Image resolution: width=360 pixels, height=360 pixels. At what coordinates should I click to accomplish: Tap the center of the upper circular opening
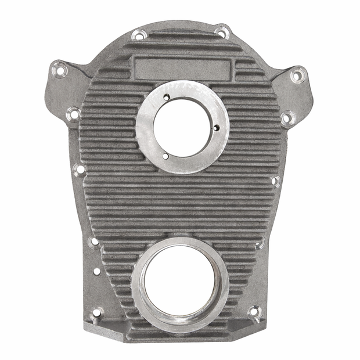[x=182, y=127]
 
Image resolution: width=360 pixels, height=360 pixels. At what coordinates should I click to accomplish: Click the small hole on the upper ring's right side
[x=216, y=128]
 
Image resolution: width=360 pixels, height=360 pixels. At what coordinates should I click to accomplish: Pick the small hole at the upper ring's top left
[x=165, y=98]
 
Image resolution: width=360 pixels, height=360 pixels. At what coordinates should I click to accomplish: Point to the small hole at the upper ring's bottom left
[x=165, y=156]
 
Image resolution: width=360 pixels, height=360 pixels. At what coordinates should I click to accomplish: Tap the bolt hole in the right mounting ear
[x=298, y=74]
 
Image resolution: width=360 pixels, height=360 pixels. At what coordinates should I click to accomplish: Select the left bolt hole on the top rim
[x=139, y=34]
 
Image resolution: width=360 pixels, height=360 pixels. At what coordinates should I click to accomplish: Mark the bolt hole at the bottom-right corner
[x=254, y=312]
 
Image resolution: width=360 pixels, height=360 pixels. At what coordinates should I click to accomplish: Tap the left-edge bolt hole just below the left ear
[x=73, y=114]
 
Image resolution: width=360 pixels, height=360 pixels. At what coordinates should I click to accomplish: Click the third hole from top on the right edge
[x=275, y=181]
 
